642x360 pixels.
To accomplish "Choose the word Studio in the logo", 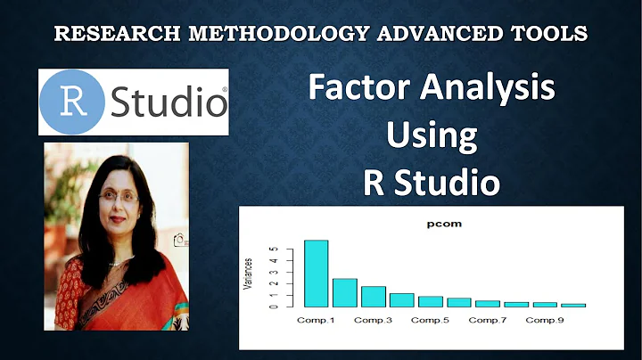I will click(x=168, y=102).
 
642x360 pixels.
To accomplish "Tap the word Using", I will click(x=432, y=136).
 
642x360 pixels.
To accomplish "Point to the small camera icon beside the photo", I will click(x=181, y=240).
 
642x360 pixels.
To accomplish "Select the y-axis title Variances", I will click(x=250, y=274).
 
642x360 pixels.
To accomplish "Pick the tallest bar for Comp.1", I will click(x=317, y=274).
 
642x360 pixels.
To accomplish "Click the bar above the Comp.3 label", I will click(x=374, y=296).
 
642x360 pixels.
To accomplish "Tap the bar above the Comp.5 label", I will click(x=431, y=301).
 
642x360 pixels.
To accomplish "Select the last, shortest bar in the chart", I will click(x=573, y=305).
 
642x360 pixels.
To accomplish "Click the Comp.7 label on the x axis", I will click(x=487, y=319).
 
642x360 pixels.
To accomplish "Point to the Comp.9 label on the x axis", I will click(x=544, y=319).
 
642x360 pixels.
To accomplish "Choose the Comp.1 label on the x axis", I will click(x=317, y=319).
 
